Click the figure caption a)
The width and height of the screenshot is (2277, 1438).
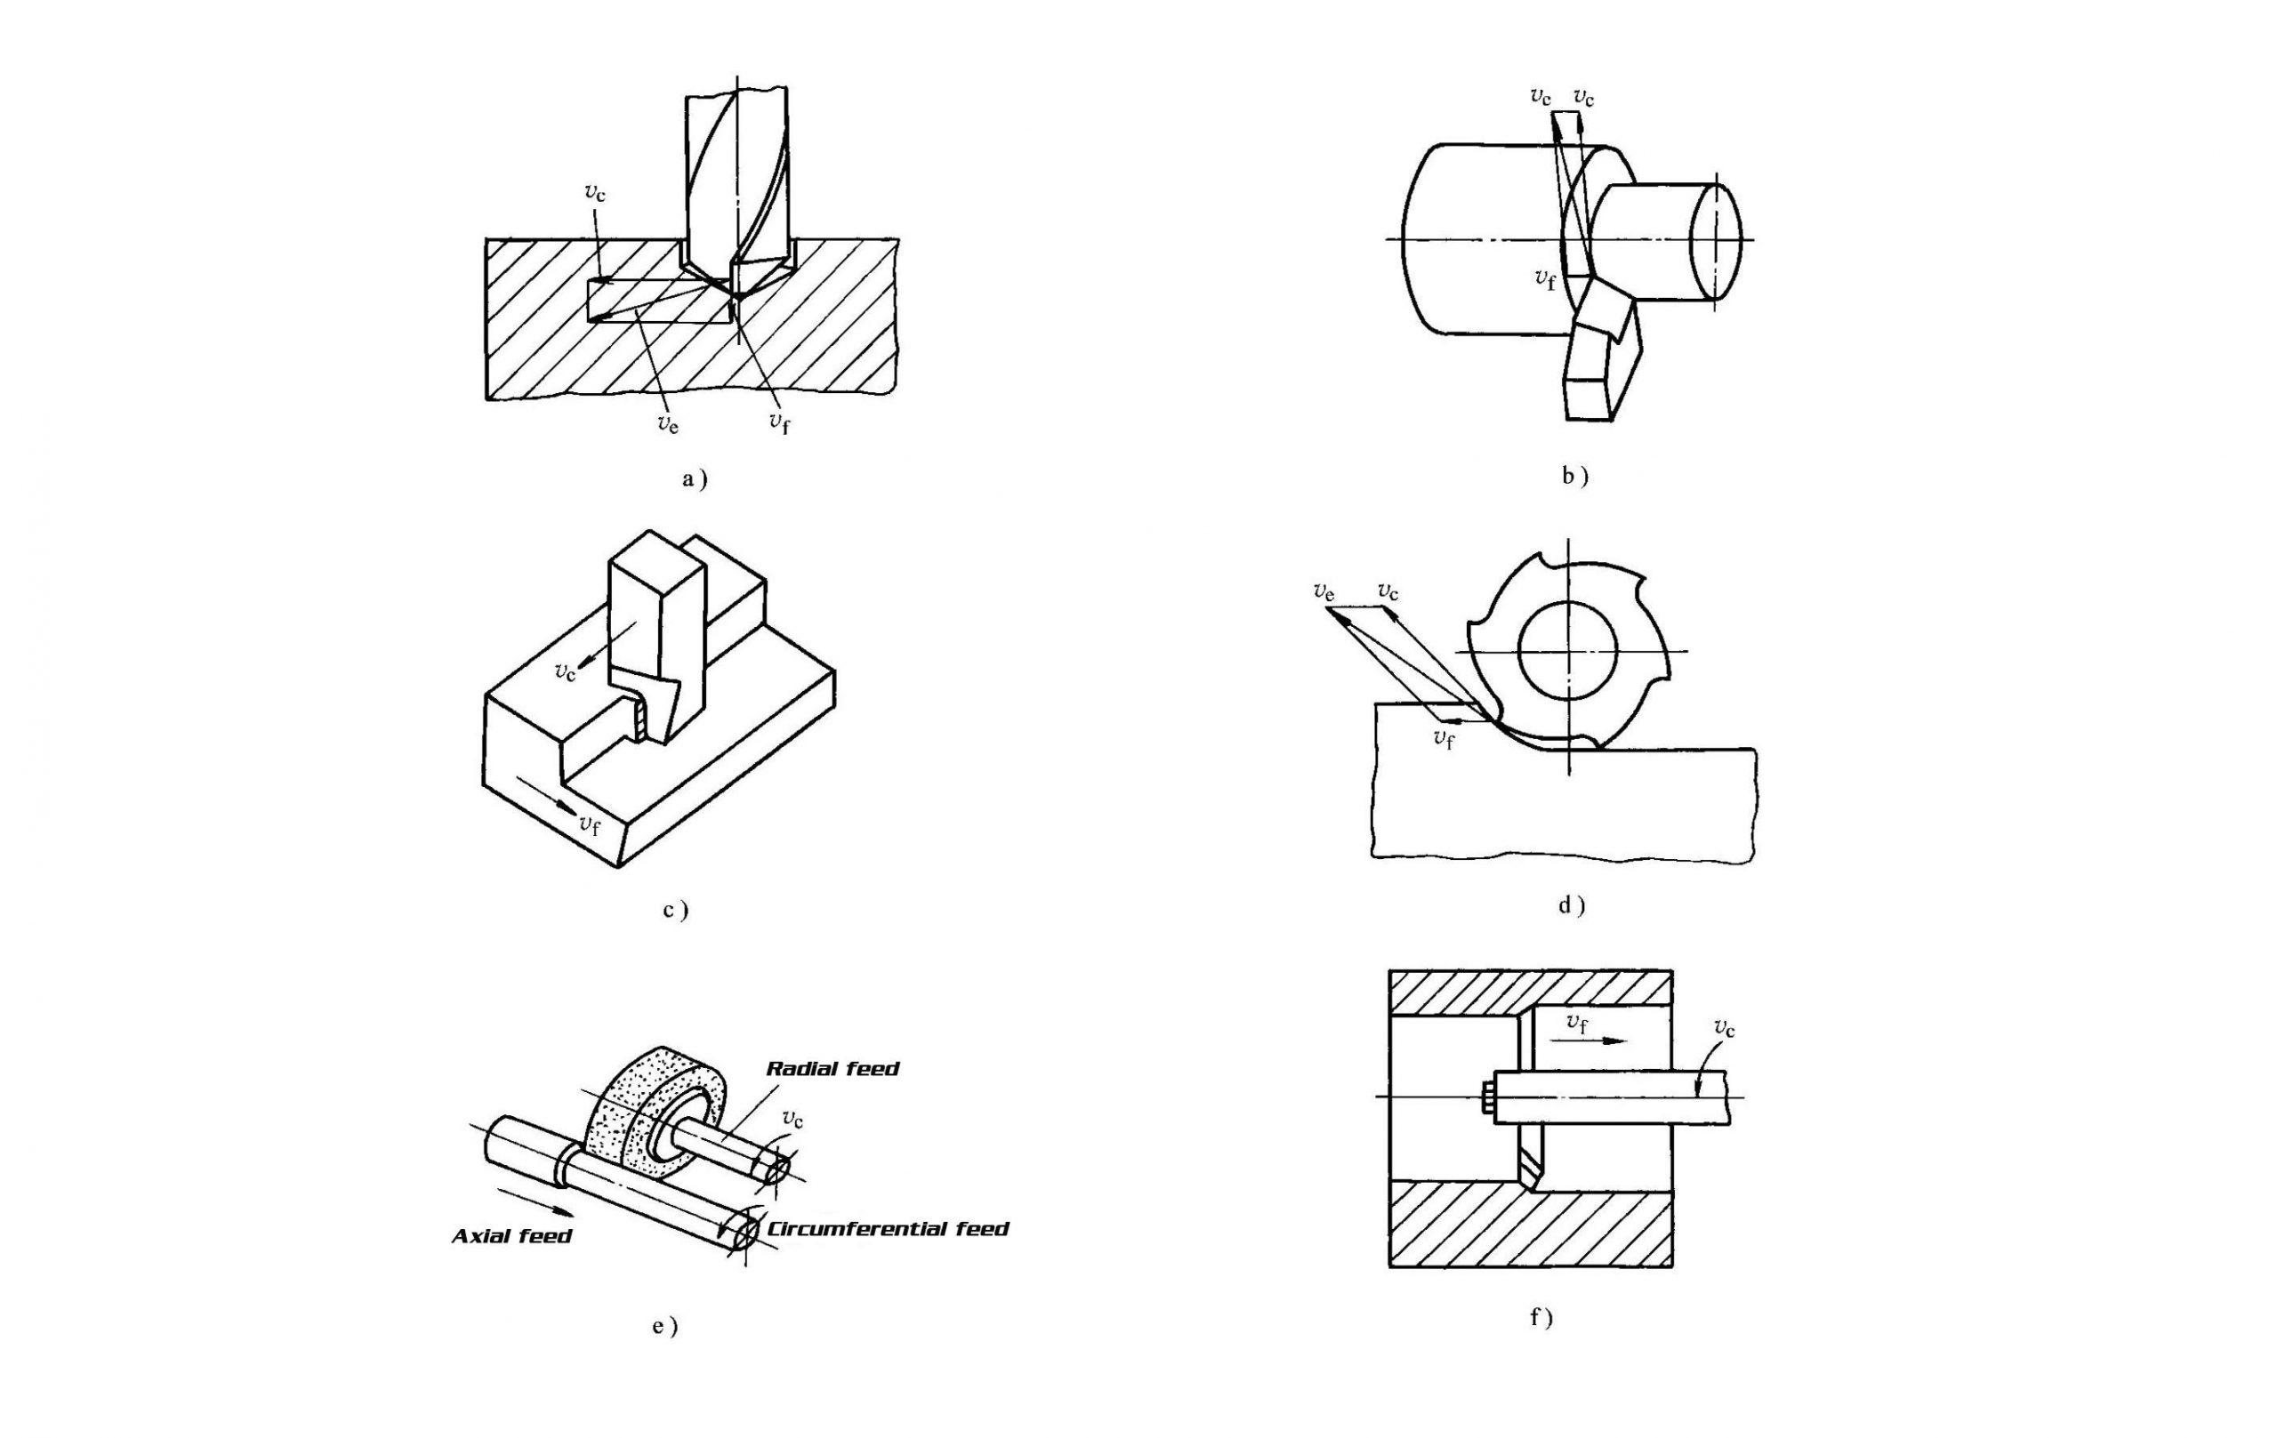(694, 479)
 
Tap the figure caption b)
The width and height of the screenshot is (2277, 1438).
(1574, 477)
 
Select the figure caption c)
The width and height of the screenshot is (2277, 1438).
(675, 910)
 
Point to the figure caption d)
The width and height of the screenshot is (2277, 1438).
(1572, 904)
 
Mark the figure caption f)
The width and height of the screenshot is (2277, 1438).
(1541, 1316)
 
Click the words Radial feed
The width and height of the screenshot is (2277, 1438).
(833, 1069)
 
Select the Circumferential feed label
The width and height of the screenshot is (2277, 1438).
(888, 1229)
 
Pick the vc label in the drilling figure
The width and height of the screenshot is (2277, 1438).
(595, 193)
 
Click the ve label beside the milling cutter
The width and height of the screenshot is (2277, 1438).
(1324, 593)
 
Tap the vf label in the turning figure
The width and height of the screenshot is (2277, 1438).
(1545, 279)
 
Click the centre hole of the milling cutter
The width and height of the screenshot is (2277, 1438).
(1568, 649)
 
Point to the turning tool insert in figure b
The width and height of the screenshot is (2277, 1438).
(1605, 359)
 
